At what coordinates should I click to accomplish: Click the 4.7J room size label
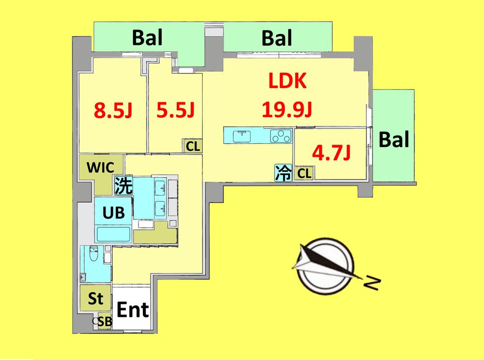tap(332, 153)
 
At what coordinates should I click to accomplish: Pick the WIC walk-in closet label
tap(100, 168)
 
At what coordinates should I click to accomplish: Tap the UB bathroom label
tap(114, 212)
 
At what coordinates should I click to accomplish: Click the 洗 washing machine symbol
tap(123, 185)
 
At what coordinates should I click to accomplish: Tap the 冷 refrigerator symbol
tap(283, 173)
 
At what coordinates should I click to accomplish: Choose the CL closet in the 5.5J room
tap(193, 146)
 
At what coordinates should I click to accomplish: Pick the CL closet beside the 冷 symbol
tap(304, 173)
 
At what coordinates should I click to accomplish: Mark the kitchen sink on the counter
tap(241, 136)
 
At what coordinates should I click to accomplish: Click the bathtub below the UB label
tap(114, 234)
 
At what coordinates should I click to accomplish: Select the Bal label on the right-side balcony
tap(393, 140)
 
